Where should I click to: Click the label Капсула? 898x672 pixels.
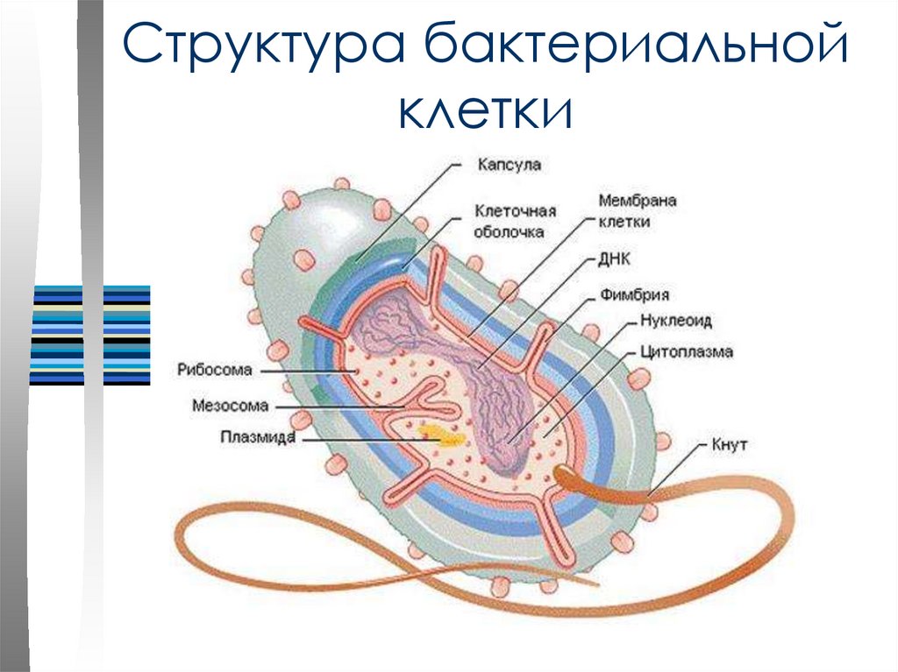point(510,164)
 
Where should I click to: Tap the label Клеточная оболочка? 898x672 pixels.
point(515,221)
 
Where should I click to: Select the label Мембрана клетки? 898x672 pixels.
point(637,211)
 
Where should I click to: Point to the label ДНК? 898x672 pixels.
point(615,259)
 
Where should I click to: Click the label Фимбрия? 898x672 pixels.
point(635,295)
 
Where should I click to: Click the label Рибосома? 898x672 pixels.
point(214,370)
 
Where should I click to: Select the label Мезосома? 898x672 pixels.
point(230,406)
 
